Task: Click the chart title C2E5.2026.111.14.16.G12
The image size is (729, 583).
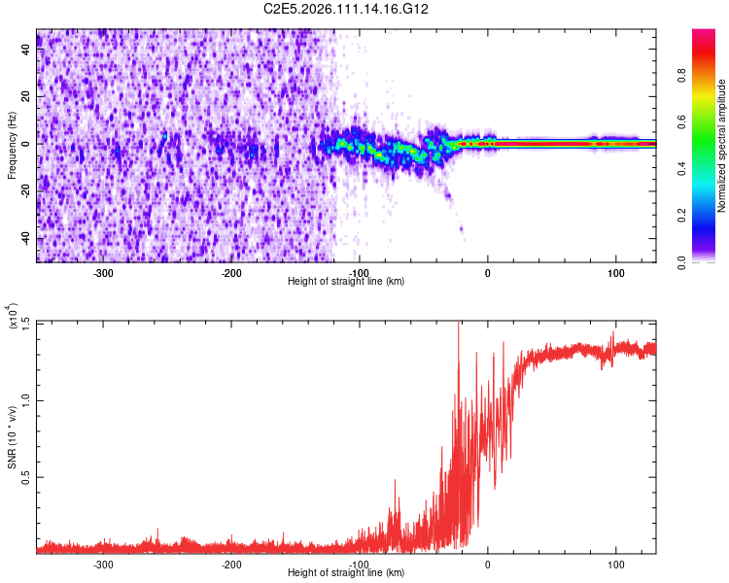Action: [x=346, y=9]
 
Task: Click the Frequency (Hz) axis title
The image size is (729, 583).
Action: [x=11, y=145]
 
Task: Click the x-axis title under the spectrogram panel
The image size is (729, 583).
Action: [x=346, y=281]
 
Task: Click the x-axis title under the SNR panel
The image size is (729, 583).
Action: [x=346, y=572]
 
